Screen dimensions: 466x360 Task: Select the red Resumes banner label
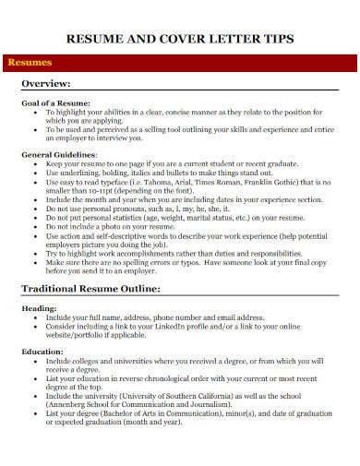pos(30,62)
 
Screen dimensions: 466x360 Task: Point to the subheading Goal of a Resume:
pos(56,102)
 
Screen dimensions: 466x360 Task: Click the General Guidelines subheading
pos(58,155)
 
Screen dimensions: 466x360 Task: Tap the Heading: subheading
pos(39,308)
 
